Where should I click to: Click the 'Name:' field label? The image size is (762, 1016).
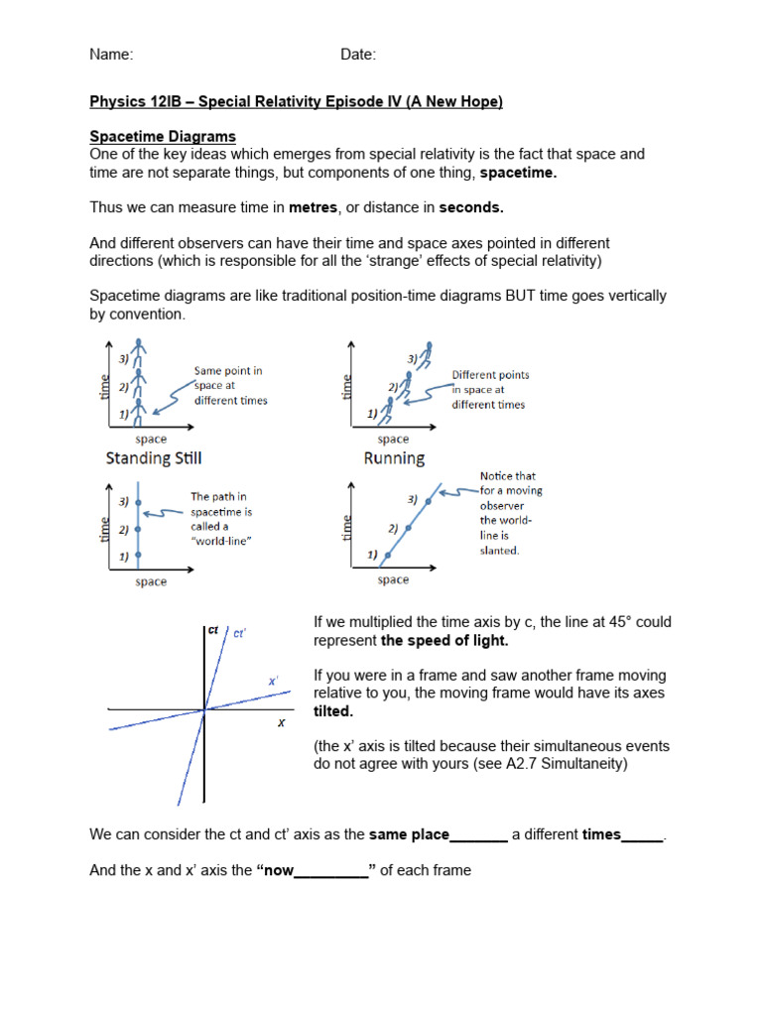click(x=111, y=55)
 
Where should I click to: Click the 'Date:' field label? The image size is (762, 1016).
click(x=358, y=55)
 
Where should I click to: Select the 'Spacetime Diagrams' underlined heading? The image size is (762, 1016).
click(x=163, y=136)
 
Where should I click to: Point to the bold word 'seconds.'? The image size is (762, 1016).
click(x=471, y=207)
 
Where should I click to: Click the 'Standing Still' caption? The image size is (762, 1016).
click(x=154, y=458)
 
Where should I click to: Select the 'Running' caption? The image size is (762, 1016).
click(x=394, y=458)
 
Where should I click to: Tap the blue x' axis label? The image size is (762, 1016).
click(x=273, y=681)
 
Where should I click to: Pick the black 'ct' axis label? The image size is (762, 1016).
click(x=213, y=629)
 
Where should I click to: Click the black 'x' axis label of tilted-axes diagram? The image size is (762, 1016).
click(x=281, y=723)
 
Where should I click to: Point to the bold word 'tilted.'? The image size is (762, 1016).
click(x=333, y=711)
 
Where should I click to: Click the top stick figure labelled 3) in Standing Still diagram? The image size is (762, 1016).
click(x=141, y=351)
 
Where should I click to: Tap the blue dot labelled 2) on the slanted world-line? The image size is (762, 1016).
click(x=407, y=528)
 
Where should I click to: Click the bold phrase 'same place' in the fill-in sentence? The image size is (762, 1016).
click(x=409, y=835)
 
